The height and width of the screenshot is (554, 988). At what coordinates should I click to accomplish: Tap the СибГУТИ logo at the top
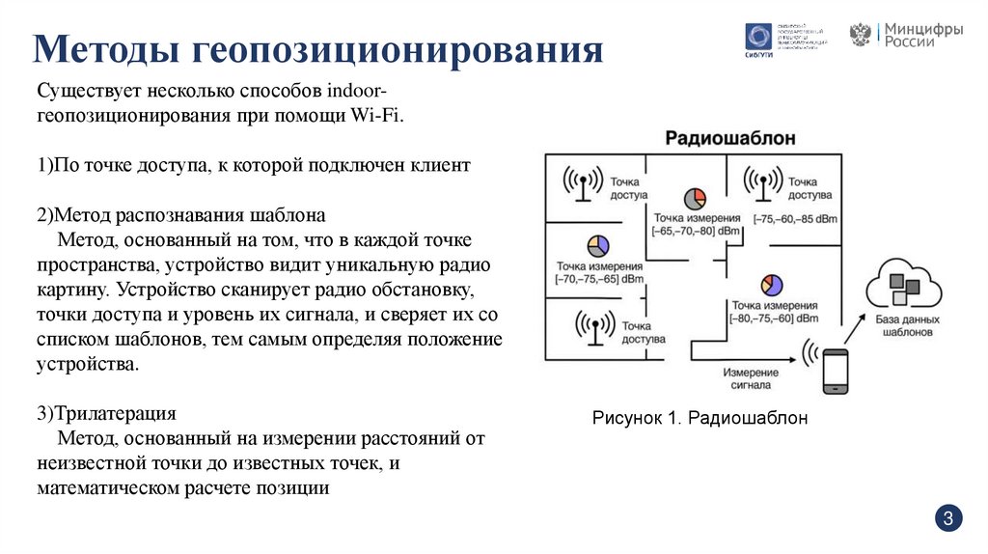pos(758,38)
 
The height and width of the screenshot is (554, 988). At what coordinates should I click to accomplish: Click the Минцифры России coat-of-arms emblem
pos(860,35)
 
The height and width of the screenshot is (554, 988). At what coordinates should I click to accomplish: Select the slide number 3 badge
pos(948,519)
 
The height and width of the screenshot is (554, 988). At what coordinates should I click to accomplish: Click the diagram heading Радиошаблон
pos(730,139)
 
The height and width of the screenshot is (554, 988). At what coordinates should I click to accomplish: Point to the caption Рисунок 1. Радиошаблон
pos(699,418)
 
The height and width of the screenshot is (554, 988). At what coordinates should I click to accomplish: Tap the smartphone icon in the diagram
pos(835,371)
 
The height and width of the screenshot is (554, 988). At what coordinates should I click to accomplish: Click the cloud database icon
pos(902,282)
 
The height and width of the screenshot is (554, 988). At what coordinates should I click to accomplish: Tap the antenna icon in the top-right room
pos(763,182)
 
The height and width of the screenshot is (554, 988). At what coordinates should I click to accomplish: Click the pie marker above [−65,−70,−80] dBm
pos(695,199)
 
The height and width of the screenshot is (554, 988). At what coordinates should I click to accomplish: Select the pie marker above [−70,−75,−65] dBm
pos(598,245)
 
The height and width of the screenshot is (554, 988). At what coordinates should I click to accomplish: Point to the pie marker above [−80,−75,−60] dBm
pos(770,284)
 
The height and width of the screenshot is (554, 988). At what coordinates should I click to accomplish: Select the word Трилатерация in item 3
pos(116,414)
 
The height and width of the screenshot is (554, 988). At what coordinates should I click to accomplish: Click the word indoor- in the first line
pos(358,91)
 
